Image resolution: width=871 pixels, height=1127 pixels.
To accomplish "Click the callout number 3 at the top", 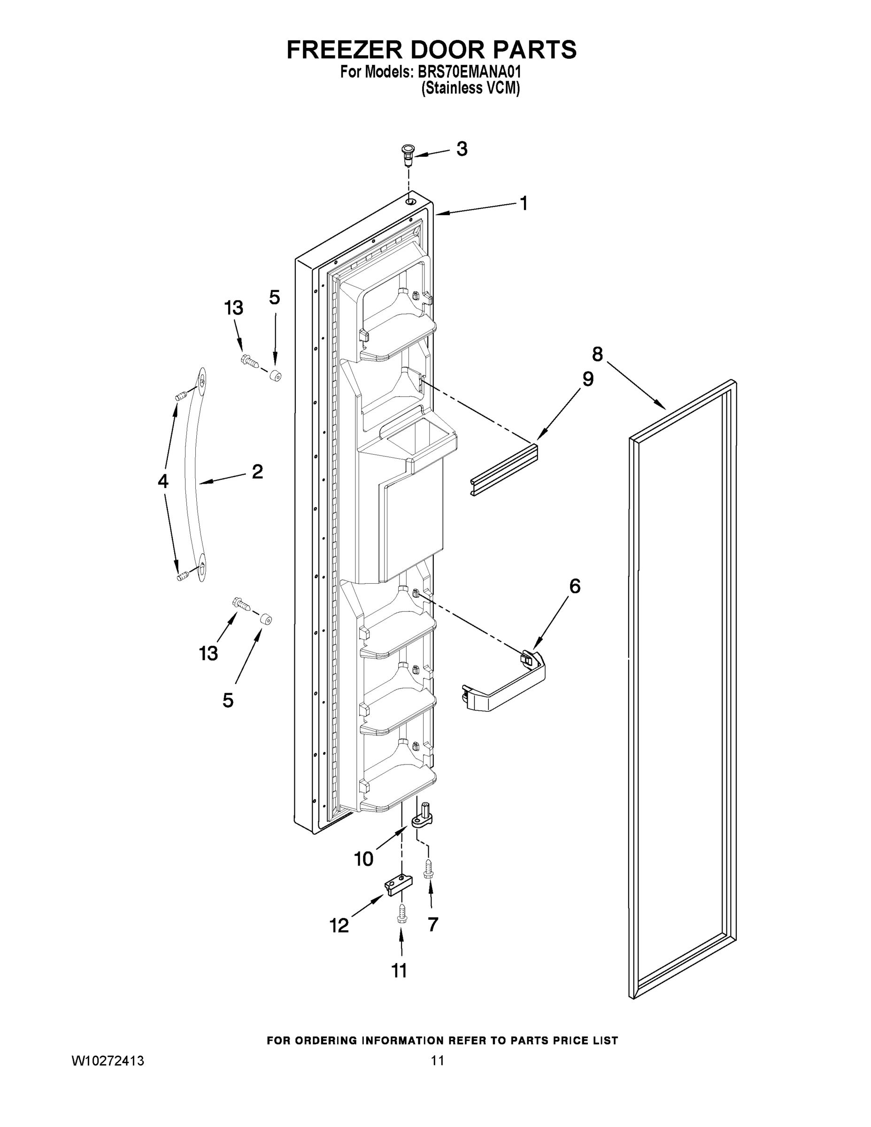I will [x=462, y=149].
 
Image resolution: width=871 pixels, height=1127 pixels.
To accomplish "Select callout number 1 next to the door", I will [x=524, y=203].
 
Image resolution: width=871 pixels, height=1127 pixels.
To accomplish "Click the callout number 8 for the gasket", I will [x=597, y=355].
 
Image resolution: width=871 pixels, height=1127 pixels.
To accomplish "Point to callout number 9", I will [x=588, y=379].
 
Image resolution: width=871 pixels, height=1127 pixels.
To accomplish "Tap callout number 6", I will [x=575, y=586].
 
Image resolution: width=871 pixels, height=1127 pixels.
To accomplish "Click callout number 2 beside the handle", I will [x=257, y=471].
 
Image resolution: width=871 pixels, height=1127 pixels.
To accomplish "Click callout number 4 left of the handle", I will [x=163, y=481].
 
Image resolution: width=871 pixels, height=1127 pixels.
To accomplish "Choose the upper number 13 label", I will [x=234, y=308].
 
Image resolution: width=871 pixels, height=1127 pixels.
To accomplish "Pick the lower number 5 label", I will [x=228, y=700].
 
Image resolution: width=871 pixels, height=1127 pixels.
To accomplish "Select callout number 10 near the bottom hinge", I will [x=363, y=859].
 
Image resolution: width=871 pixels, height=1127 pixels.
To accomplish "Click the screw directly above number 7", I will [x=428, y=870].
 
